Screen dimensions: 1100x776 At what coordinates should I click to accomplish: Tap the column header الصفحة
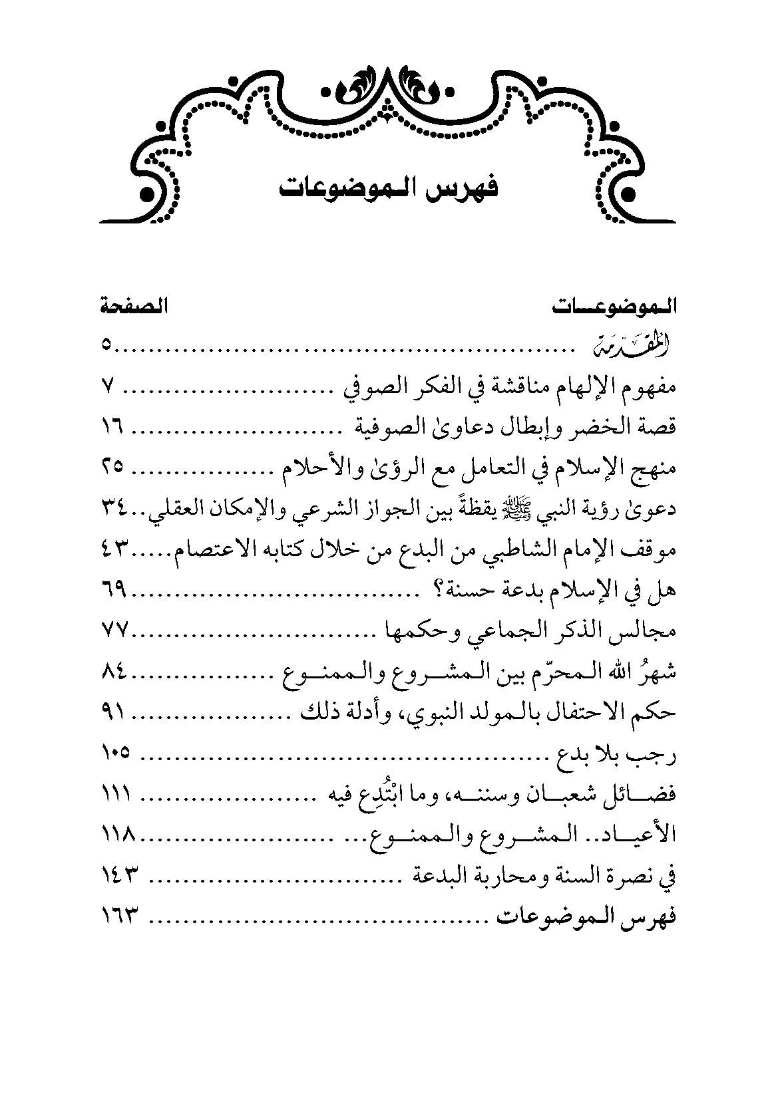click(133, 307)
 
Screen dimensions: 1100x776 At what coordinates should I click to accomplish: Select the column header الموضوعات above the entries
click(614, 307)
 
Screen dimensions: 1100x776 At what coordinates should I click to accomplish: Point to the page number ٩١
click(116, 713)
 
